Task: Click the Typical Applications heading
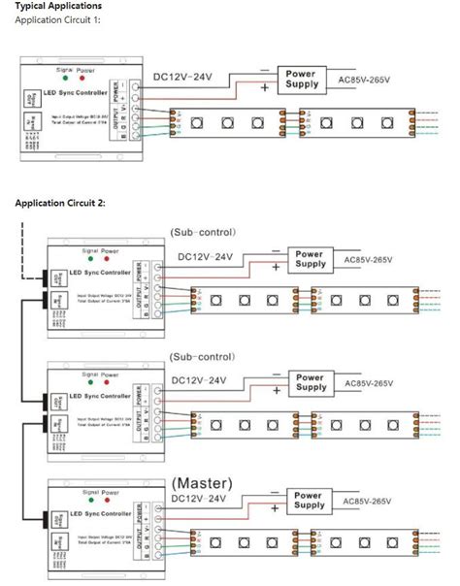[x=58, y=6]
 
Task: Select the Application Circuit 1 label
[x=56, y=19]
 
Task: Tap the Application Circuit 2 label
[x=60, y=203]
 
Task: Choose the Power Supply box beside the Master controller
[x=309, y=501]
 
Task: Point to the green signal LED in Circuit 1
[x=63, y=80]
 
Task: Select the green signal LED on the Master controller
[x=85, y=502]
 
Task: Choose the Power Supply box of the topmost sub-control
[x=311, y=259]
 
